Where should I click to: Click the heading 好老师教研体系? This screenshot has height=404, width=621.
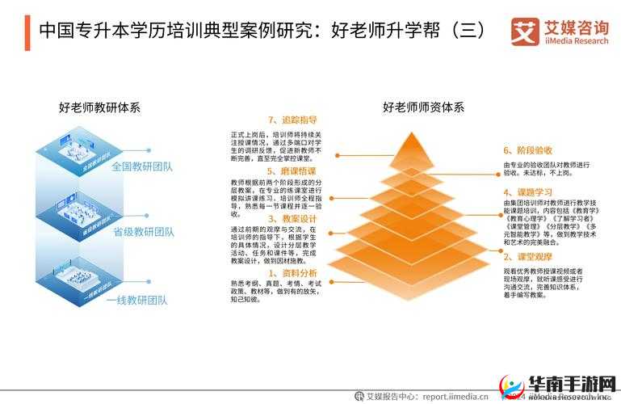(99, 107)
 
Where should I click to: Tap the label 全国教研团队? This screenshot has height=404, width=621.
(143, 167)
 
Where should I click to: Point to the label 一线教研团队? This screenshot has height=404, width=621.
(136, 300)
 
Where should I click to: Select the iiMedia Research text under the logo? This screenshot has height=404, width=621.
(576, 41)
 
